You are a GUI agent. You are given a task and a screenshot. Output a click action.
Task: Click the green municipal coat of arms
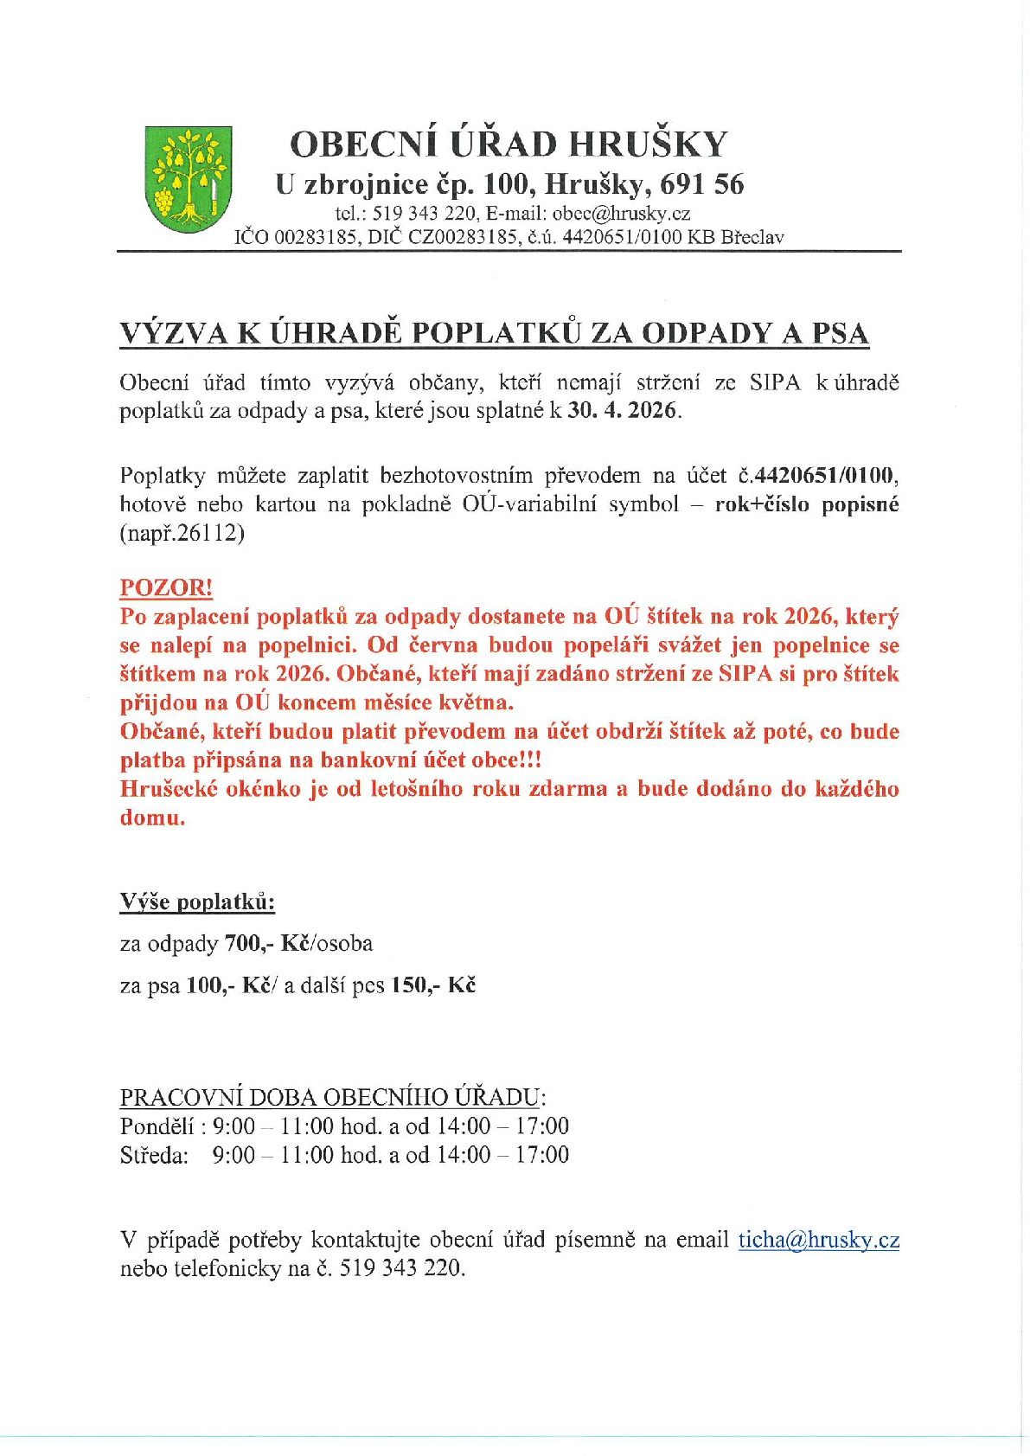pyautogui.click(x=188, y=179)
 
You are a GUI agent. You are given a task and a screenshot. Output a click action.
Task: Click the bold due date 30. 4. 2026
pyautogui.click(x=622, y=410)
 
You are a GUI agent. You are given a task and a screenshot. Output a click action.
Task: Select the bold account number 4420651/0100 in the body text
pyautogui.click(x=825, y=475)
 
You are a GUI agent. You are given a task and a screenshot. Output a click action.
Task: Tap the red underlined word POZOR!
pyautogui.click(x=166, y=587)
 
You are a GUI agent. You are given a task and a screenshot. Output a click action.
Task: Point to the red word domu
pyautogui.click(x=152, y=818)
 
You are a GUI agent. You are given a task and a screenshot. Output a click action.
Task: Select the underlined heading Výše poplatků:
pyautogui.click(x=197, y=902)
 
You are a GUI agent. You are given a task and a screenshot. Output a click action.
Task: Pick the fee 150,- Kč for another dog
pyautogui.click(x=433, y=985)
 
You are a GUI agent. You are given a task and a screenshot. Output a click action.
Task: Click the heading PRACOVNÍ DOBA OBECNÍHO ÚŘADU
pyautogui.click(x=332, y=1097)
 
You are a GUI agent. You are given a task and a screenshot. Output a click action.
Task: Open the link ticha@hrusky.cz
pyautogui.click(x=818, y=1240)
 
